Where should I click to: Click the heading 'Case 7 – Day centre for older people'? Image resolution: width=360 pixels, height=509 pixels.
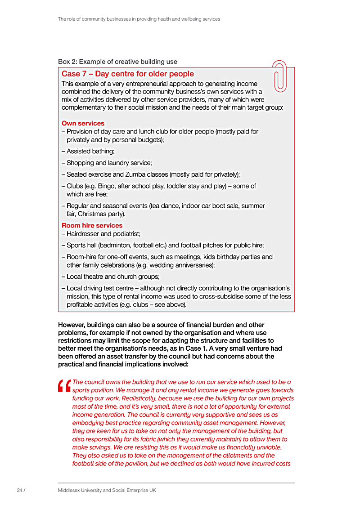(x=128, y=74)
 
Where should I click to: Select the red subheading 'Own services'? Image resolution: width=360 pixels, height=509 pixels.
(x=83, y=123)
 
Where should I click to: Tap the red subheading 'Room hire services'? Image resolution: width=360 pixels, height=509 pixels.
(x=92, y=225)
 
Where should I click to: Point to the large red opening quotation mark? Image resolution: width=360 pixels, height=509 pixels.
(x=64, y=386)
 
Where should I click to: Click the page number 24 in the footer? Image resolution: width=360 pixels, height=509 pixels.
(x=20, y=490)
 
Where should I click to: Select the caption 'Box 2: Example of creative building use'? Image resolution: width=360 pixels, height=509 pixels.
(x=117, y=62)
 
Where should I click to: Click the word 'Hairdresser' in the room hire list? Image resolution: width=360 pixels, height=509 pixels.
(x=84, y=234)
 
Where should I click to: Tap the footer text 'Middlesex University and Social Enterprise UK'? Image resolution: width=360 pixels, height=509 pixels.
(x=107, y=490)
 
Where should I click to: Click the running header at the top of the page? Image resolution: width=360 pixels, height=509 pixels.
(x=139, y=19)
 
